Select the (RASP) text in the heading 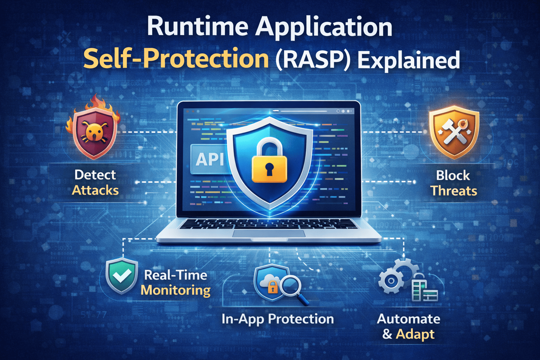click(x=313, y=59)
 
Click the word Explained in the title click(x=409, y=59)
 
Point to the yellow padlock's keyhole click(x=269, y=169)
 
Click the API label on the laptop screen click(x=209, y=159)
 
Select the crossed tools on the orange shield click(x=453, y=132)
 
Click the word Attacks click(x=95, y=190)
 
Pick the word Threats click(x=454, y=191)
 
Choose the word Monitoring click(x=175, y=290)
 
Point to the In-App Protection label click(x=278, y=319)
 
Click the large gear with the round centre click(x=391, y=281)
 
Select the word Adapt click(x=415, y=334)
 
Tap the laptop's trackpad click(x=269, y=233)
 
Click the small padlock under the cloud click(x=273, y=288)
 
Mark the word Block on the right click(x=453, y=175)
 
